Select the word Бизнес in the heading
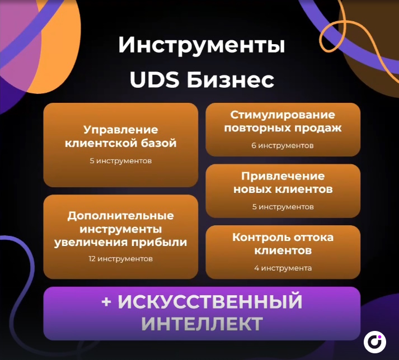point(231,80)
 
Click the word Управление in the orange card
point(121,130)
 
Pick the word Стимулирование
point(283,115)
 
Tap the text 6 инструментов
point(283,146)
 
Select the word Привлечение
point(283,176)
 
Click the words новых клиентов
point(283,189)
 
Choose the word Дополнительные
point(121,216)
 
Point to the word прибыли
point(159,242)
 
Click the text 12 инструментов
point(121,259)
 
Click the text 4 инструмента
point(283,268)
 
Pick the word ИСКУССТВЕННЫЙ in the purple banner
point(210,301)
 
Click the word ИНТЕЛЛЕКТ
point(202,324)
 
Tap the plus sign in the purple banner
point(106,301)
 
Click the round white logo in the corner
point(374,342)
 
